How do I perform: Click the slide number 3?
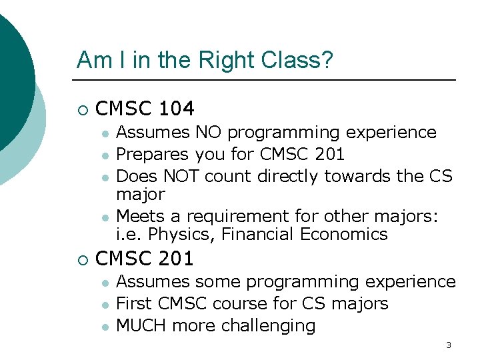(x=448, y=345)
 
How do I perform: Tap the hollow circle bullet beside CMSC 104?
(x=82, y=109)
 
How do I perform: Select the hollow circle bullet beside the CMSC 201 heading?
(x=82, y=259)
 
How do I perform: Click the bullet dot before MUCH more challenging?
(x=104, y=327)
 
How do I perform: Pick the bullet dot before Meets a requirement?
(x=104, y=217)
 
